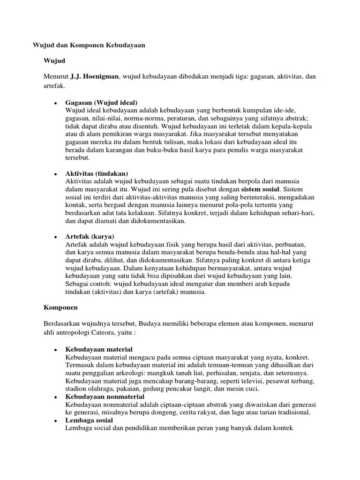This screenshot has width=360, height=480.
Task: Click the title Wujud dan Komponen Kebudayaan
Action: pos(89,45)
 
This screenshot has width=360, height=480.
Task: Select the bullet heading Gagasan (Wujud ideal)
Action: pos(102,102)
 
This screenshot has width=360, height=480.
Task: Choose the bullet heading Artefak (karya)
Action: pos(90,236)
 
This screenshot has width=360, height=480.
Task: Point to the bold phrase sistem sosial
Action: pos(260,189)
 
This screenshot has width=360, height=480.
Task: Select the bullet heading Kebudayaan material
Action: pos(99,349)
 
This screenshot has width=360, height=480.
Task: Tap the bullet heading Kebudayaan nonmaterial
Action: pos(105,397)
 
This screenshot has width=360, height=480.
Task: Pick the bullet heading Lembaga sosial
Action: pos(90,420)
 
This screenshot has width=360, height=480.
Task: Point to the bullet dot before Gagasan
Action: pos(55,103)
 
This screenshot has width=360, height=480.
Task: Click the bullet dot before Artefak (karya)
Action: pos(55,236)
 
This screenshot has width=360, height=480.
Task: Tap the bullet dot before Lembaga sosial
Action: pos(55,421)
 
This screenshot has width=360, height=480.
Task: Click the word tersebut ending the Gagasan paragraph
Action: pos(78,158)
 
